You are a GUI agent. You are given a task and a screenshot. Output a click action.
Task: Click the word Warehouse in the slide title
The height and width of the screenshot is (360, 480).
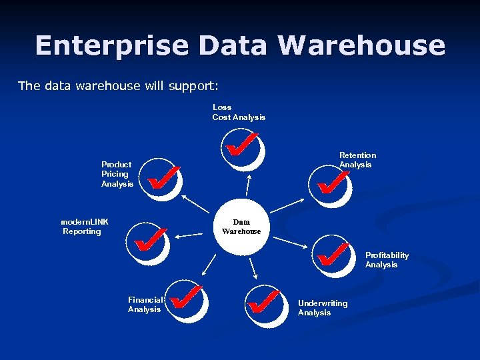click(x=361, y=45)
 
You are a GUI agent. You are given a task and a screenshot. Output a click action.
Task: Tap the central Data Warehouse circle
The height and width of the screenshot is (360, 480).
click(x=241, y=227)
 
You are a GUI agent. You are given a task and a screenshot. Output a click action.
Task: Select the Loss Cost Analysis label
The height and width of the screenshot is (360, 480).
click(x=239, y=112)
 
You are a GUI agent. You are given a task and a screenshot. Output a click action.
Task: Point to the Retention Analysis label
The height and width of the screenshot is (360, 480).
click(x=357, y=160)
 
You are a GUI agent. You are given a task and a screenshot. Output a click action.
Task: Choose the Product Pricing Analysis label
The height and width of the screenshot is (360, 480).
click(x=117, y=174)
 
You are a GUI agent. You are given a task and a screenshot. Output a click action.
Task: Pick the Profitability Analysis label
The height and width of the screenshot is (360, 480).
click(x=387, y=260)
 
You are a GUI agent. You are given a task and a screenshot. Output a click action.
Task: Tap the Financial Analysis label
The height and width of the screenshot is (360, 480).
click(x=145, y=305)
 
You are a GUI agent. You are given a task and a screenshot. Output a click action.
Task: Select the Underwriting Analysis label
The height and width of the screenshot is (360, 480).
click(x=323, y=308)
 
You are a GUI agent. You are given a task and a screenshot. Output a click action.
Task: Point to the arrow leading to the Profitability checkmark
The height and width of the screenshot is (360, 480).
click(x=291, y=243)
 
